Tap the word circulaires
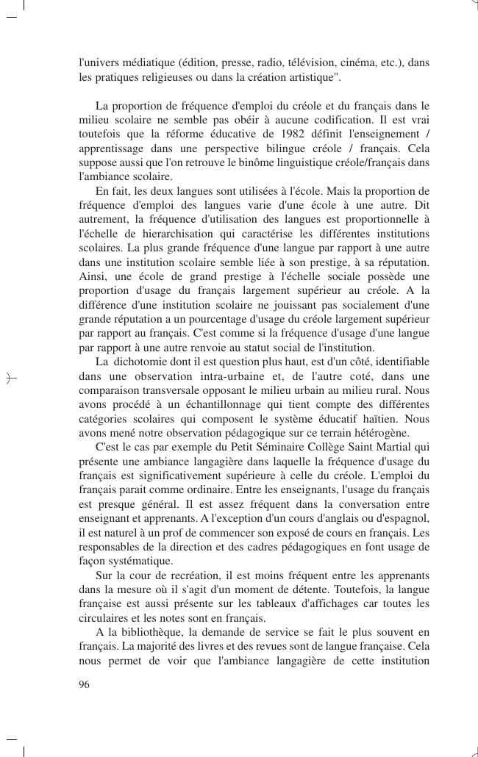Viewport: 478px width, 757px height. tap(103, 617)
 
